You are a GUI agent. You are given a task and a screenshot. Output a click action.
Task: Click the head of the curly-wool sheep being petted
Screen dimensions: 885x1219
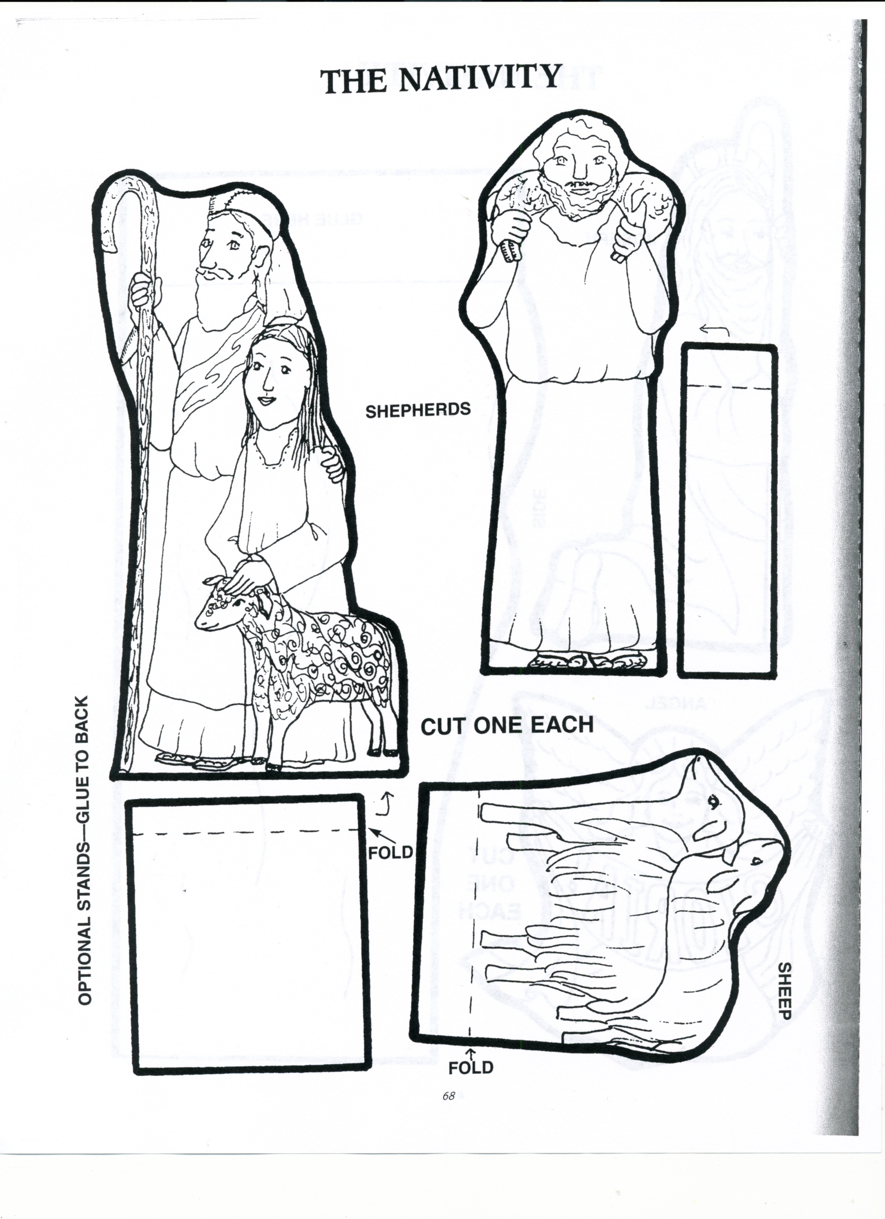(217, 605)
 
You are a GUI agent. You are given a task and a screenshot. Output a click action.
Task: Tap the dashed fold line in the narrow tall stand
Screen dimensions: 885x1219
(728, 386)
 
